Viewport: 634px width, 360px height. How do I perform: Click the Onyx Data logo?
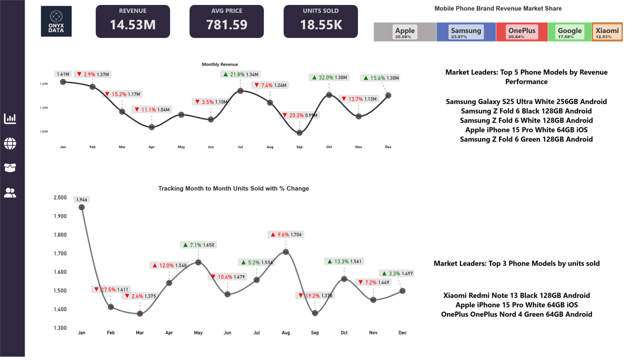click(x=56, y=21)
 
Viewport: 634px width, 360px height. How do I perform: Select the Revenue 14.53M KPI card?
click(x=132, y=21)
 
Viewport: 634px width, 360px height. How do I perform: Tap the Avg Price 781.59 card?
click(x=226, y=21)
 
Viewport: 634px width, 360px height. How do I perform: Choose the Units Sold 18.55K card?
click(x=320, y=21)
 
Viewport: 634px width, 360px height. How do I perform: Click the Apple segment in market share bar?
click(x=404, y=32)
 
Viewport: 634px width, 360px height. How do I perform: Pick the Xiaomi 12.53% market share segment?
click(x=607, y=32)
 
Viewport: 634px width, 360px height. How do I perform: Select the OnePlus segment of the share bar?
click(x=521, y=32)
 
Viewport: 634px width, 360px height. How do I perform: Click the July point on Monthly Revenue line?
click(x=240, y=91)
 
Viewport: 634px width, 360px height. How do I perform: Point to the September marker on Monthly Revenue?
click(x=299, y=133)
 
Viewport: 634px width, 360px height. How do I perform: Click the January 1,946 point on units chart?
click(x=81, y=207)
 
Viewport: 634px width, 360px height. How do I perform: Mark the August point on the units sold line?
click(x=286, y=252)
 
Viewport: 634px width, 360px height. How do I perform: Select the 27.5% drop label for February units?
click(x=105, y=289)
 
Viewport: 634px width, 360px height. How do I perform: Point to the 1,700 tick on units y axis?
click(x=60, y=253)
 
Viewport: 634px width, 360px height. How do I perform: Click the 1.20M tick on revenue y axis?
click(x=43, y=108)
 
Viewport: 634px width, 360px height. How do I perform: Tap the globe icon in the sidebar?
click(x=10, y=144)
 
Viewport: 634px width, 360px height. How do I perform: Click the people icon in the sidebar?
click(x=10, y=192)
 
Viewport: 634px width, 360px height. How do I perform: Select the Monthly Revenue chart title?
click(x=219, y=64)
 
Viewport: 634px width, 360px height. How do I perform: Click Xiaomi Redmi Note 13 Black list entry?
click(x=516, y=295)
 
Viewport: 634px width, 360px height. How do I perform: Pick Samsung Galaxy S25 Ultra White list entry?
click(x=526, y=101)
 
